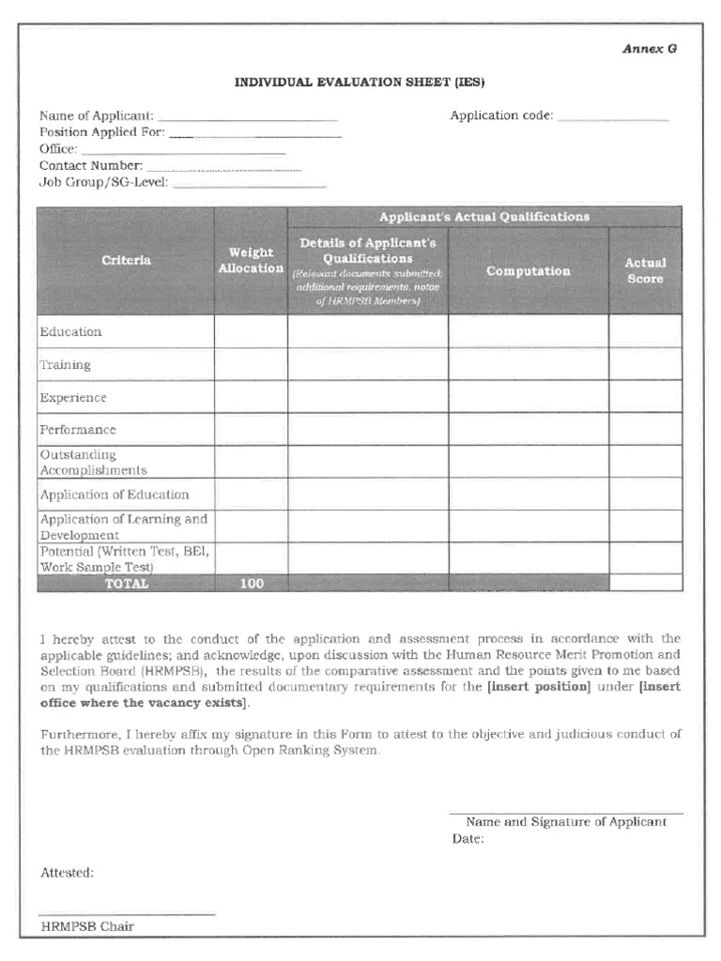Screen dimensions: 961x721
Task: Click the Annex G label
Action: click(649, 50)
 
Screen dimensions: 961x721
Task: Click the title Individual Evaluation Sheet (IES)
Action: click(360, 83)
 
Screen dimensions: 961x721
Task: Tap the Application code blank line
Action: click(613, 116)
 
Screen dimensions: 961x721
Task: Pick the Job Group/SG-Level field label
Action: click(103, 182)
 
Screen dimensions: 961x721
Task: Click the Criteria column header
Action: click(126, 260)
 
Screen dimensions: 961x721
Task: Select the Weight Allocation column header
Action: click(251, 260)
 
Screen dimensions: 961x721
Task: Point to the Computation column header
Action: click(528, 271)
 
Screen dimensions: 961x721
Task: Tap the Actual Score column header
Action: click(645, 271)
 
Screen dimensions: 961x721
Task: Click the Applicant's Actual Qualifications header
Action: click(484, 217)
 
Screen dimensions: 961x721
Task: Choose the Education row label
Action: click(70, 331)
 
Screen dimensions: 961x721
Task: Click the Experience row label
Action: click(73, 397)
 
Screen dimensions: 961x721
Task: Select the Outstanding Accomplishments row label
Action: click(93, 462)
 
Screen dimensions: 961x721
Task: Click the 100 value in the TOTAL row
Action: click(251, 583)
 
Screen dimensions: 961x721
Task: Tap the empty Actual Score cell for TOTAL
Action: click(645, 583)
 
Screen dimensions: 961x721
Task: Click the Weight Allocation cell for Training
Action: click(251, 364)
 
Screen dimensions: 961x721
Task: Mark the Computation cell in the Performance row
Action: click(528, 429)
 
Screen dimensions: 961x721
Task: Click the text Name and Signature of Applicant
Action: click(566, 821)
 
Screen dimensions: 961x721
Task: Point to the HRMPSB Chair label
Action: click(87, 926)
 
